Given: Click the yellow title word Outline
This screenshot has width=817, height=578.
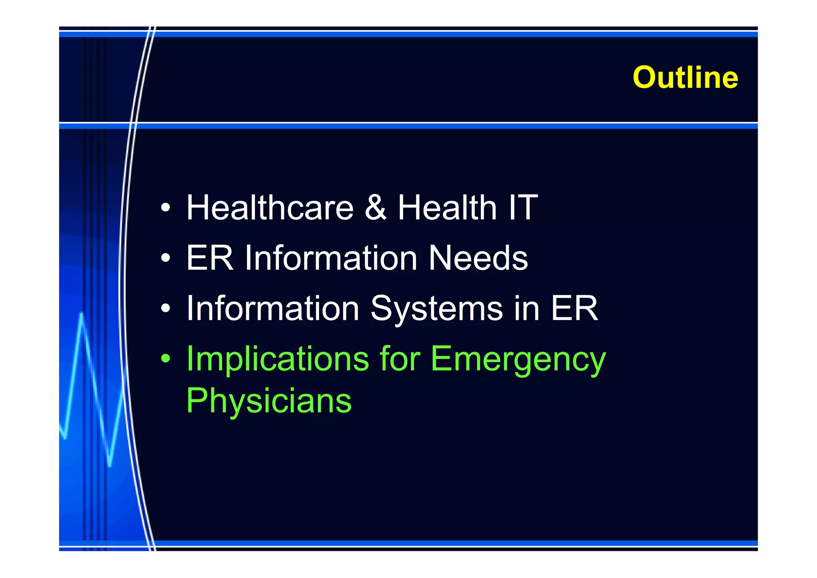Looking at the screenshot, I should pyautogui.click(x=685, y=77).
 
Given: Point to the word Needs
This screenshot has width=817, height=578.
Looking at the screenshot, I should pyautogui.click(x=478, y=258).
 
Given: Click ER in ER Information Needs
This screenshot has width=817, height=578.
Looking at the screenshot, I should pyautogui.click(x=209, y=258).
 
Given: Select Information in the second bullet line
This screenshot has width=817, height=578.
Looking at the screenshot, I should pyautogui.click(x=331, y=258).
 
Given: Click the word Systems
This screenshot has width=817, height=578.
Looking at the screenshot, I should pyautogui.click(x=436, y=309).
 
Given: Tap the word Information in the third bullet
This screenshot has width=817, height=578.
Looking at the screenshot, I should pyautogui.click(x=273, y=308).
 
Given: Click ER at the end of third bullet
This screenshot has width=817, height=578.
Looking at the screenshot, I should pyautogui.click(x=574, y=308).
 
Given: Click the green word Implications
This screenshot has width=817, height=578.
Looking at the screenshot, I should pyautogui.click(x=278, y=359).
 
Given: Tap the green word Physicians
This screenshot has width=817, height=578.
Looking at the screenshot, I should pyautogui.click(x=268, y=401).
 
